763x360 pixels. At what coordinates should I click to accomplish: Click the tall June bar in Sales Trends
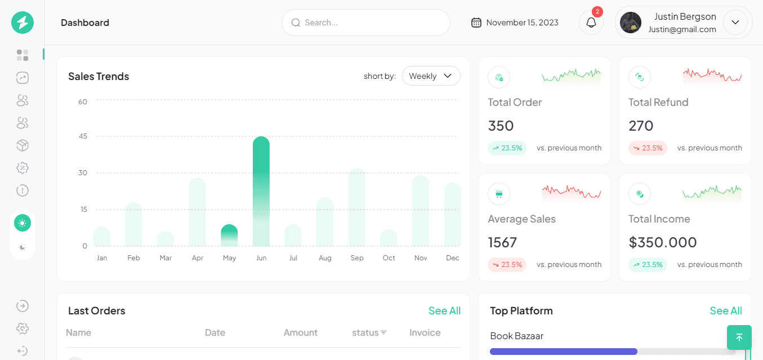click(261, 191)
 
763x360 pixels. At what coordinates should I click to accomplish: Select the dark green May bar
click(229, 235)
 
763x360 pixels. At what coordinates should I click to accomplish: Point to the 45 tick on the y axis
click(83, 136)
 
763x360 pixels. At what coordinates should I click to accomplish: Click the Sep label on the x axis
click(356, 257)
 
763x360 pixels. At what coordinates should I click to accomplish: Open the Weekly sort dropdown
click(431, 75)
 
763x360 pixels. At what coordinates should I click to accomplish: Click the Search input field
click(366, 23)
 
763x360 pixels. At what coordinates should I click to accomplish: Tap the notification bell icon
click(591, 23)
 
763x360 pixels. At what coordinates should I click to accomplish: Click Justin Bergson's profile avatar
click(631, 23)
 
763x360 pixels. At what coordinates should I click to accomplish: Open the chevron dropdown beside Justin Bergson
click(735, 23)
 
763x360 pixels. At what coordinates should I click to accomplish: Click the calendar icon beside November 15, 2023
click(476, 23)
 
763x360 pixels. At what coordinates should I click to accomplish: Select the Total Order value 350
click(501, 126)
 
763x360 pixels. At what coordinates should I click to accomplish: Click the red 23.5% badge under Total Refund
click(648, 148)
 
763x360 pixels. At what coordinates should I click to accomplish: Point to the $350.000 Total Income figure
click(663, 242)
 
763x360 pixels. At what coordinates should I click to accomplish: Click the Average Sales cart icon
click(499, 194)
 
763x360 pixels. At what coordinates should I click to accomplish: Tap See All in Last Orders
click(444, 310)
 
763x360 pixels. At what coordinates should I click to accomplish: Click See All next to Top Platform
click(725, 310)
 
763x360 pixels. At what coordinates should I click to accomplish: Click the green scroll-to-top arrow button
click(739, 337)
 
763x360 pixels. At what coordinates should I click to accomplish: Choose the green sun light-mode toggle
click(23, 223)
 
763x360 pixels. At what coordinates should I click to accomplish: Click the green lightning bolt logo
click(23, 23)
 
